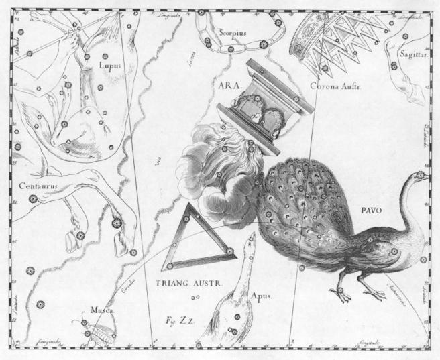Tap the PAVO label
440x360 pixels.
pyautogui.click(x=370, y=210)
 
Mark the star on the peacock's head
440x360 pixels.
pyautogui.click(x=421, y=176)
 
